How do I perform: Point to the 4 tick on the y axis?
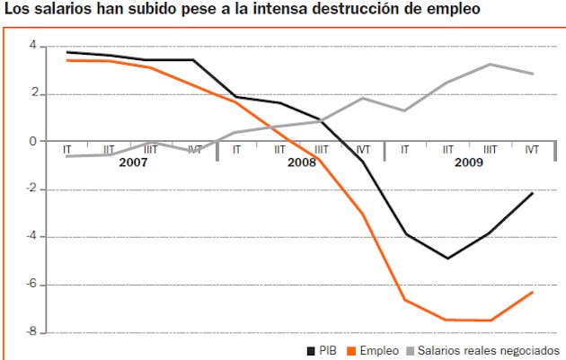pyautogui.click(x=32, y=46)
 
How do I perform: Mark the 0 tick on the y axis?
pyautogui.click(x=32, y=141)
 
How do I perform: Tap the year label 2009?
pyautogui.click(x=468, y=162)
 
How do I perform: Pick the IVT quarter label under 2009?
pyautogui.click(x=532, y=150)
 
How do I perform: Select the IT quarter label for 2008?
pyautogui.click(x=236, y=150)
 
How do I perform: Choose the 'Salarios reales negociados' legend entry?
pyautogui.click(x=489, y=350)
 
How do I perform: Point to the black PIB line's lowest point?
pyautogui.click(x=447, y=259)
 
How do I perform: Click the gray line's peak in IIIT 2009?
pyautogui.click(x=490, y=64)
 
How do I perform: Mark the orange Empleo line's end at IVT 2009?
pyautogui.click(x=533, y=292)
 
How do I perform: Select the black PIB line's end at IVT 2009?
pyautogui.click(x=533, y=193)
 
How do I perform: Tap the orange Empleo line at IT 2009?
pyautogui.click(x=405, y=300)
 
